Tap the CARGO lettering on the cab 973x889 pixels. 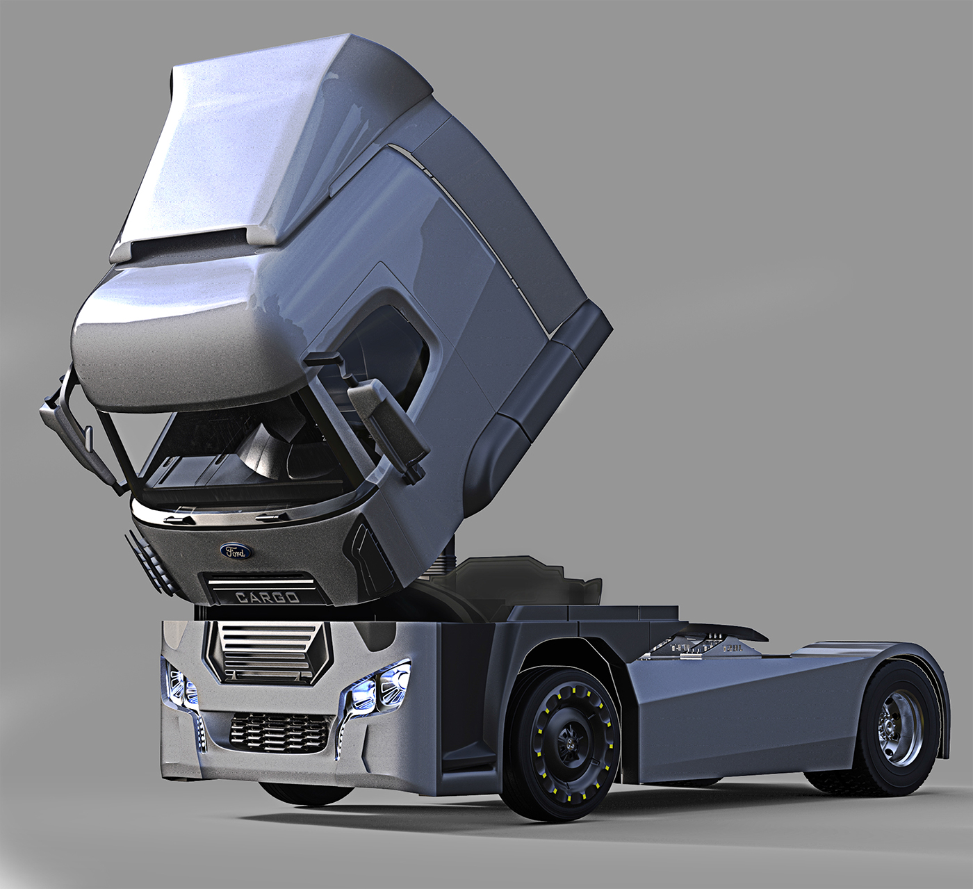(x=267, y=597)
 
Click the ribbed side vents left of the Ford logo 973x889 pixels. (x=149, y=560)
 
